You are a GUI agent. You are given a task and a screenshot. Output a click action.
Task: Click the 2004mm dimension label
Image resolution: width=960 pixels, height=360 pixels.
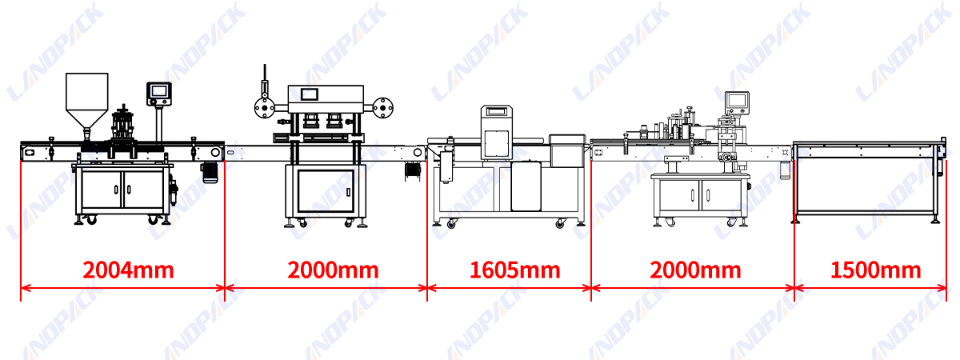(128, 270)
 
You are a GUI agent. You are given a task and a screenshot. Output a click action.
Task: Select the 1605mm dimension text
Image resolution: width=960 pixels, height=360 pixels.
(514, 270)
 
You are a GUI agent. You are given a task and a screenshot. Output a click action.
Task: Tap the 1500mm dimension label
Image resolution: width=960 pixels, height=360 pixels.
(875, 270)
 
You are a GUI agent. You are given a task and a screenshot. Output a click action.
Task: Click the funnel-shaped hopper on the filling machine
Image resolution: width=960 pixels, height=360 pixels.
(86, 103)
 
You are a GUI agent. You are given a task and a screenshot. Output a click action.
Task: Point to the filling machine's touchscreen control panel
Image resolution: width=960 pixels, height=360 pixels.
(159, 94)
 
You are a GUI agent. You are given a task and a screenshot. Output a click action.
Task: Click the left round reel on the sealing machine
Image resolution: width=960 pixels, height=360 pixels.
(265, 107)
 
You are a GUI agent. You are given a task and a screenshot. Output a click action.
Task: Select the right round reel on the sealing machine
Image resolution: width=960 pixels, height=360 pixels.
(382, 107)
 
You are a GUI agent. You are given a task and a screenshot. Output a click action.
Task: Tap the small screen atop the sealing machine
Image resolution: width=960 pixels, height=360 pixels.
(309, 94)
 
